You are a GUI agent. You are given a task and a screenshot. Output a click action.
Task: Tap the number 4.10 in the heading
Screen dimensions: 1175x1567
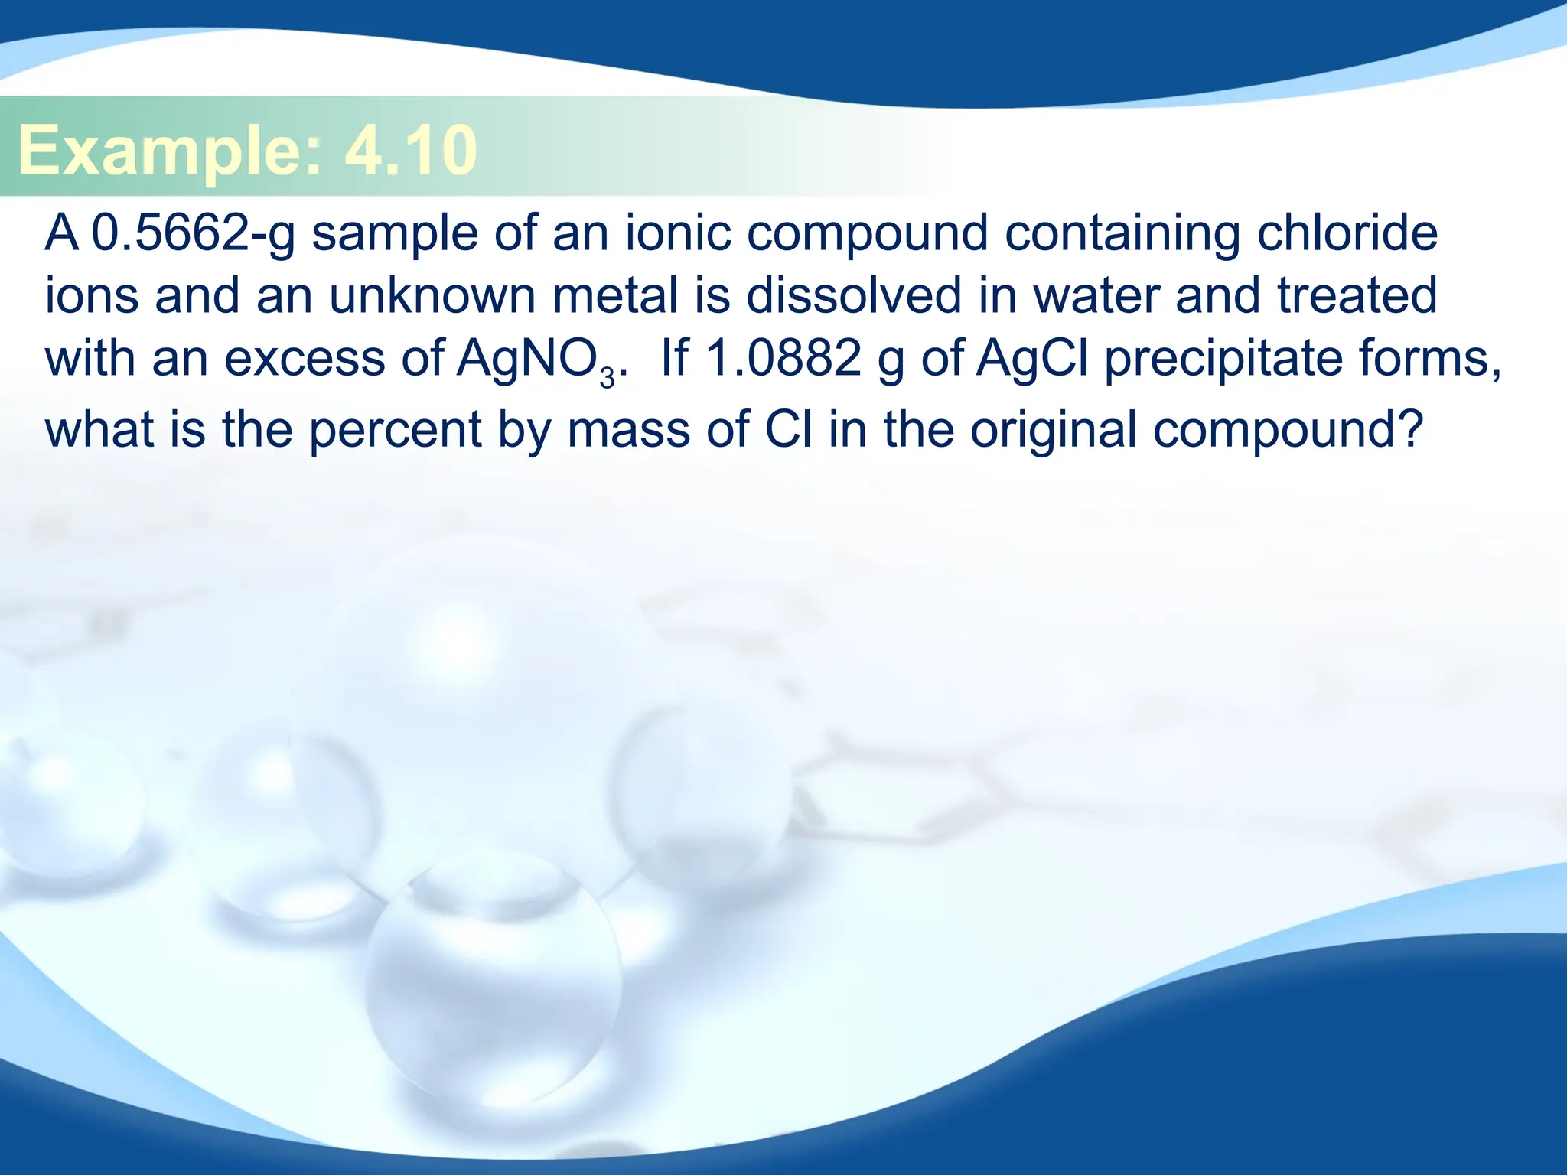coord(410,150)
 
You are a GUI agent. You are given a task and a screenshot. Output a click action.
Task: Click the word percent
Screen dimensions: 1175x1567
coord(395,430)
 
